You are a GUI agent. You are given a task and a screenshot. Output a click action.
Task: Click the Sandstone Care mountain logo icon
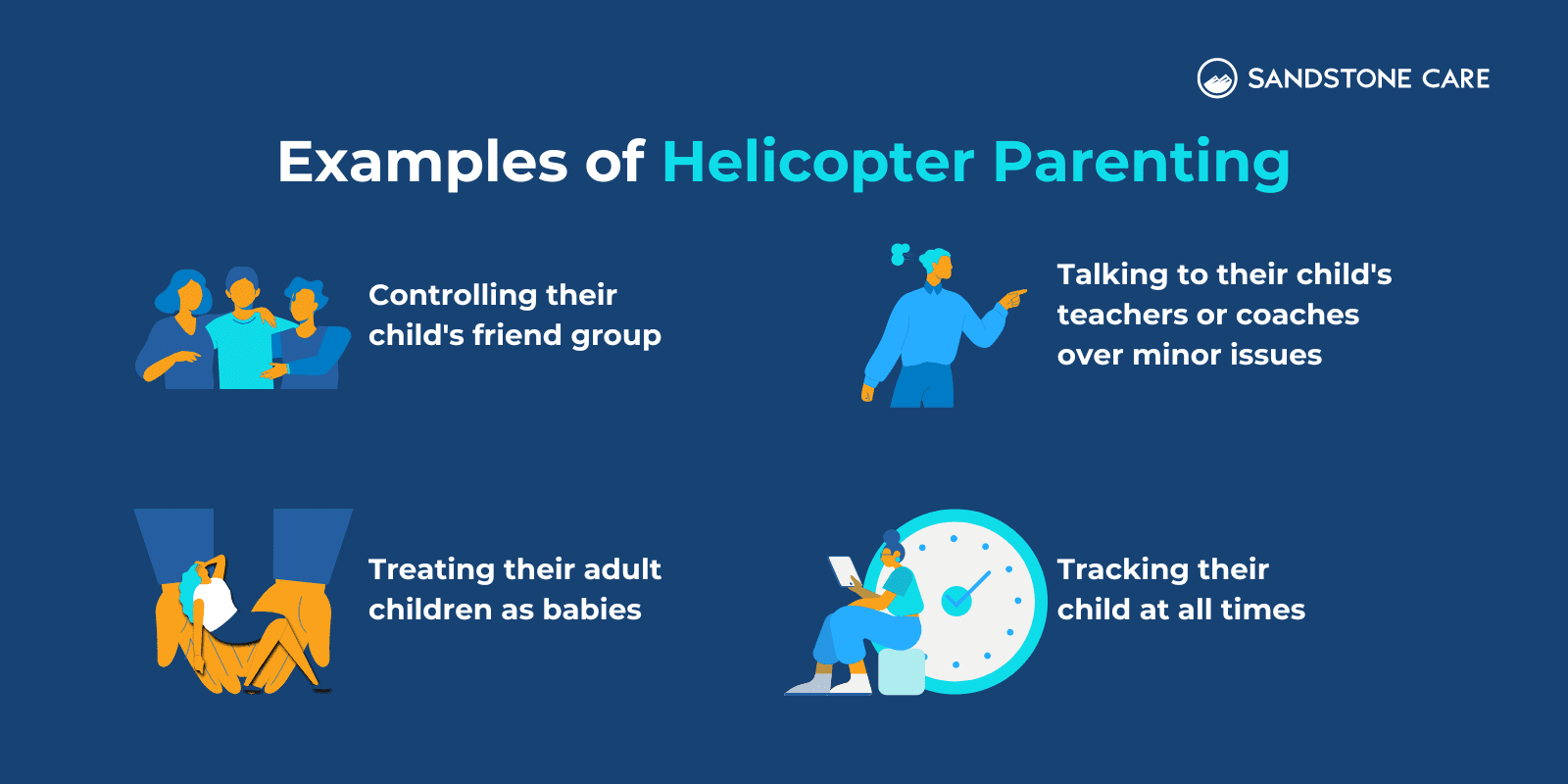click(x=1217, y=78)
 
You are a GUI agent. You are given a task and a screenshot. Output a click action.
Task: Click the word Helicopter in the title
click(x=818, y=163)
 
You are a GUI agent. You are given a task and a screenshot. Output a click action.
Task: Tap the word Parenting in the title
click(x=1141, y=163)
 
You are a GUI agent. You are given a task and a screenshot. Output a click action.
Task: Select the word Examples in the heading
click(x=422, y=163)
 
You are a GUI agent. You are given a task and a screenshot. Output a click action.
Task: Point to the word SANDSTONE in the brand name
click(x=1329, y=78)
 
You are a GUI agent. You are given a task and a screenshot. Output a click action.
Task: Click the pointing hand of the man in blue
click(x=1013, y=296)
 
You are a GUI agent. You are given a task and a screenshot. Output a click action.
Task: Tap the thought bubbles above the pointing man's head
click(x=899, y=254)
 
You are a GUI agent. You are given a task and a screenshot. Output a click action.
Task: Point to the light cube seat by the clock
click(x=901, y=671)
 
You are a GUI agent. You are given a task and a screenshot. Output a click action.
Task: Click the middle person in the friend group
click(x=243, y=333)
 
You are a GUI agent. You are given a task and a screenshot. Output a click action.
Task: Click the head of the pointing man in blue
click(x=938, y=265)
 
